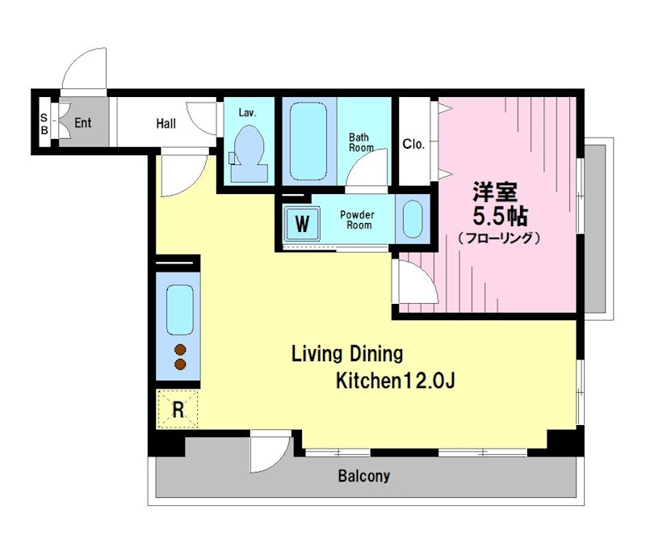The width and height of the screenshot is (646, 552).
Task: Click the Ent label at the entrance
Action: [x=83, y=122]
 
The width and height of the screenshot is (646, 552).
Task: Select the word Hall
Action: [x=166, y=124]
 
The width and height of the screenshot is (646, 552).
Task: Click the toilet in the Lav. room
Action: [x=249, y=154]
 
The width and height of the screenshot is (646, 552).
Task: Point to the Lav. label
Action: [x=248, y=112]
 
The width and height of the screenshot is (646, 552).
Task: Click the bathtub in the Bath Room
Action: [x=308, y=141]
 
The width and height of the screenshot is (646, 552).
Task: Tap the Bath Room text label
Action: [x=361, y=142]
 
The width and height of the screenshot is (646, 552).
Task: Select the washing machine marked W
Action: [x=302, y=224]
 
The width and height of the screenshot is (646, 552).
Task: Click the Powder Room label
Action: [x=357, y=220]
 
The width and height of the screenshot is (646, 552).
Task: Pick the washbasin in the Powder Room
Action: [x=413, y=219]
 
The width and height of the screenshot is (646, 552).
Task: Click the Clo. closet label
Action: [x=413, y=144]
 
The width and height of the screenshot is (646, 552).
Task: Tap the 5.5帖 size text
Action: [x=500, y=216]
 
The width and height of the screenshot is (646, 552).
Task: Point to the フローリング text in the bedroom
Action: [x=499, y=238]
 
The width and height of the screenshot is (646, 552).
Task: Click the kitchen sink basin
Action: [x=180, y=310]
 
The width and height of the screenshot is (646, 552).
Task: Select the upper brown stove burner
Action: [x=180, y=350]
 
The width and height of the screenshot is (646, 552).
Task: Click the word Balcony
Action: [x=364, y=476]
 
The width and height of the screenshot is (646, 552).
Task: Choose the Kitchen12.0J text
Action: [x=396, y=381]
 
